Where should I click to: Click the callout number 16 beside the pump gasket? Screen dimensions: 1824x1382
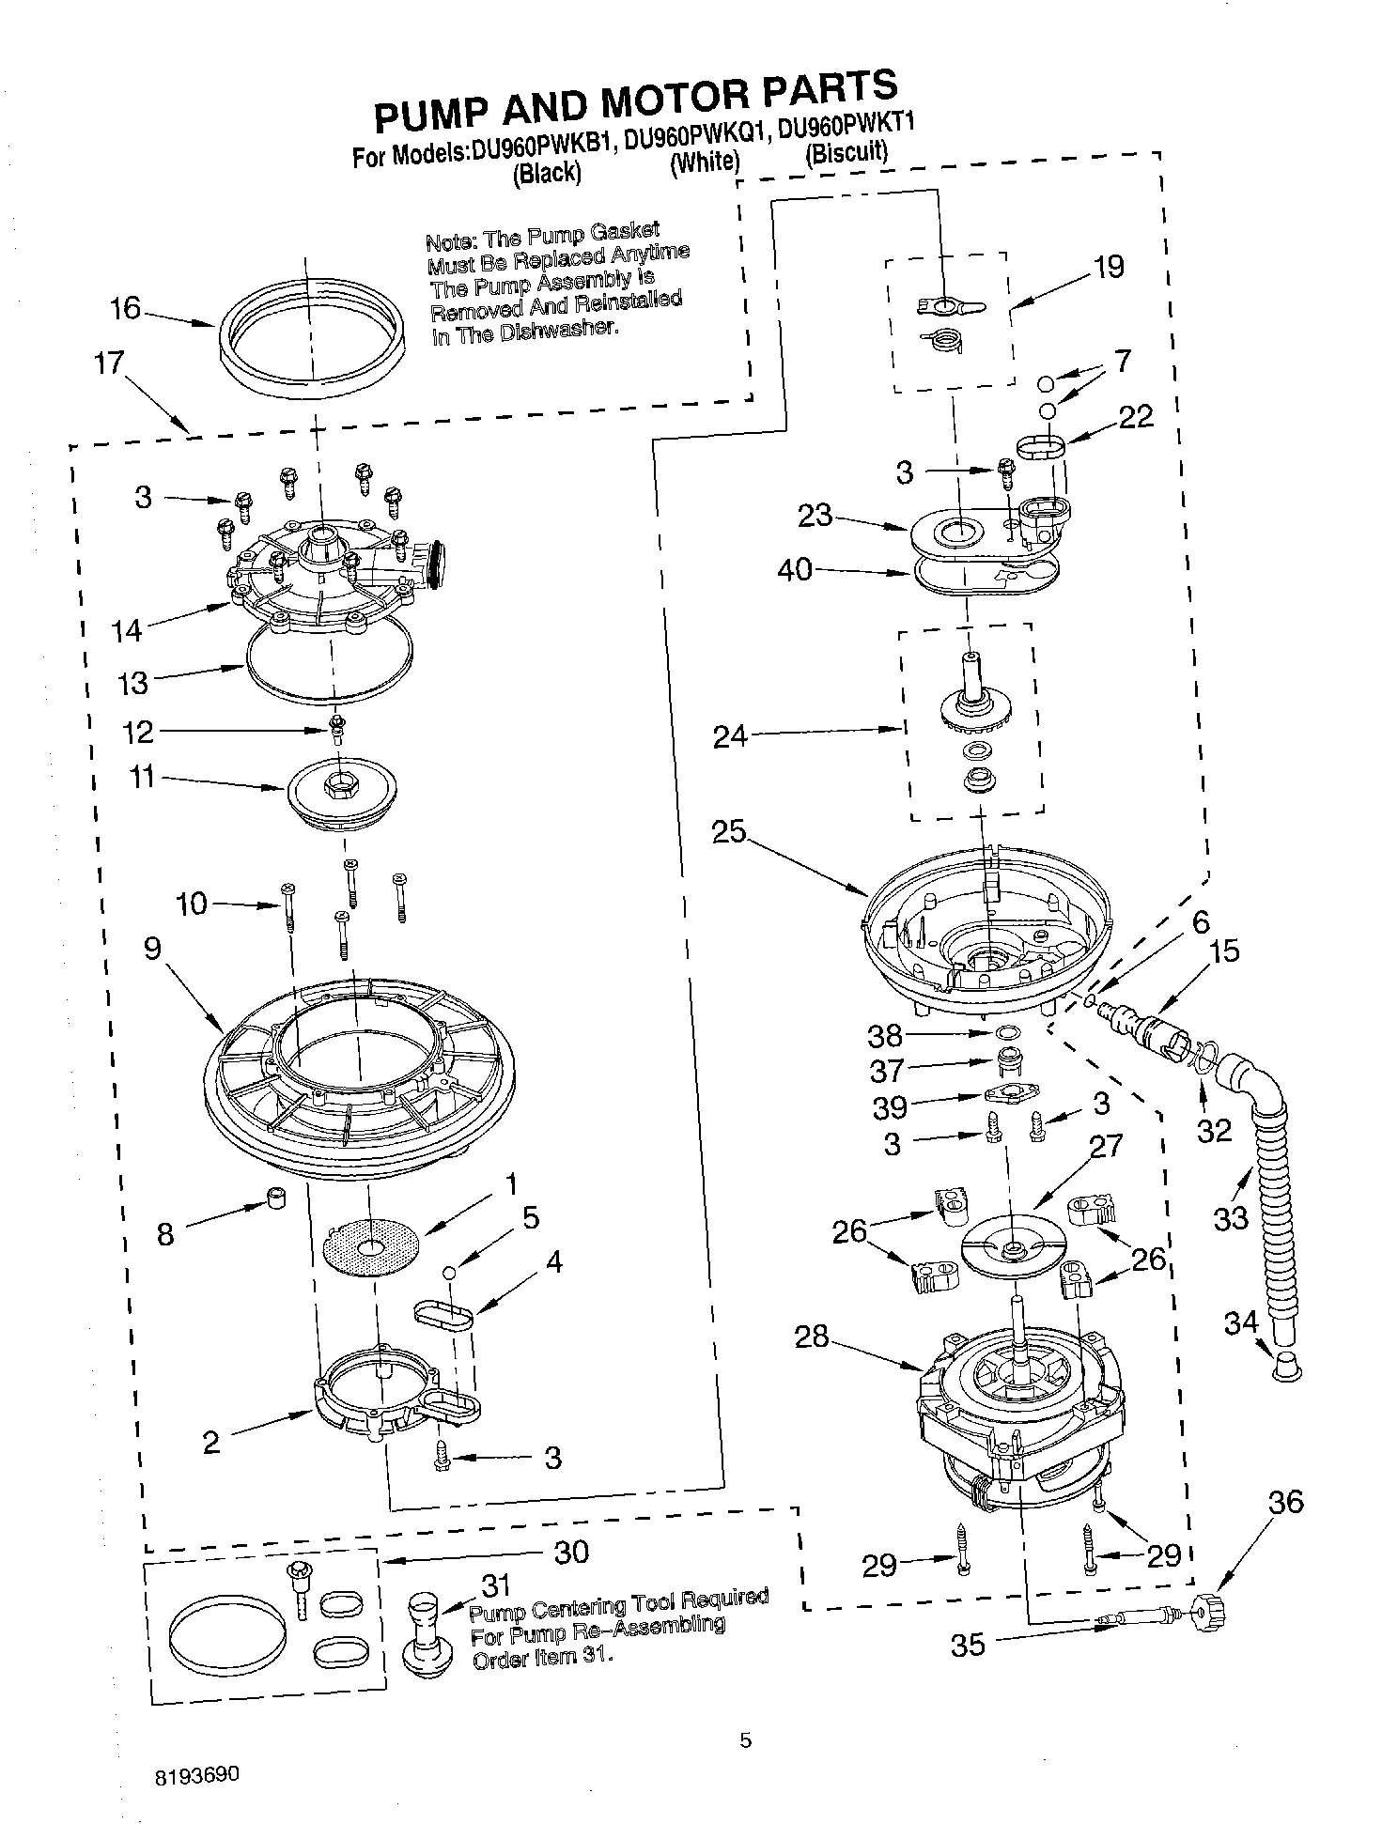(x=125, y=308)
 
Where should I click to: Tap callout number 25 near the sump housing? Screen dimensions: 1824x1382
(x=728, y=832)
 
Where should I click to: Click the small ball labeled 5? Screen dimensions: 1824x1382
(x=450, y=1272)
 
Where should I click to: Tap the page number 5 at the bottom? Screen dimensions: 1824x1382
(x=745, y=1740)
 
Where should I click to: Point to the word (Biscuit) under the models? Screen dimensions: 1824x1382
(x=846, y=152)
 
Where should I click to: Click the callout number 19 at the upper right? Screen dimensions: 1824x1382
(x=1109, y=267)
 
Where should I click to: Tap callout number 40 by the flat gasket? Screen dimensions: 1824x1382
(x=795, y=569)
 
